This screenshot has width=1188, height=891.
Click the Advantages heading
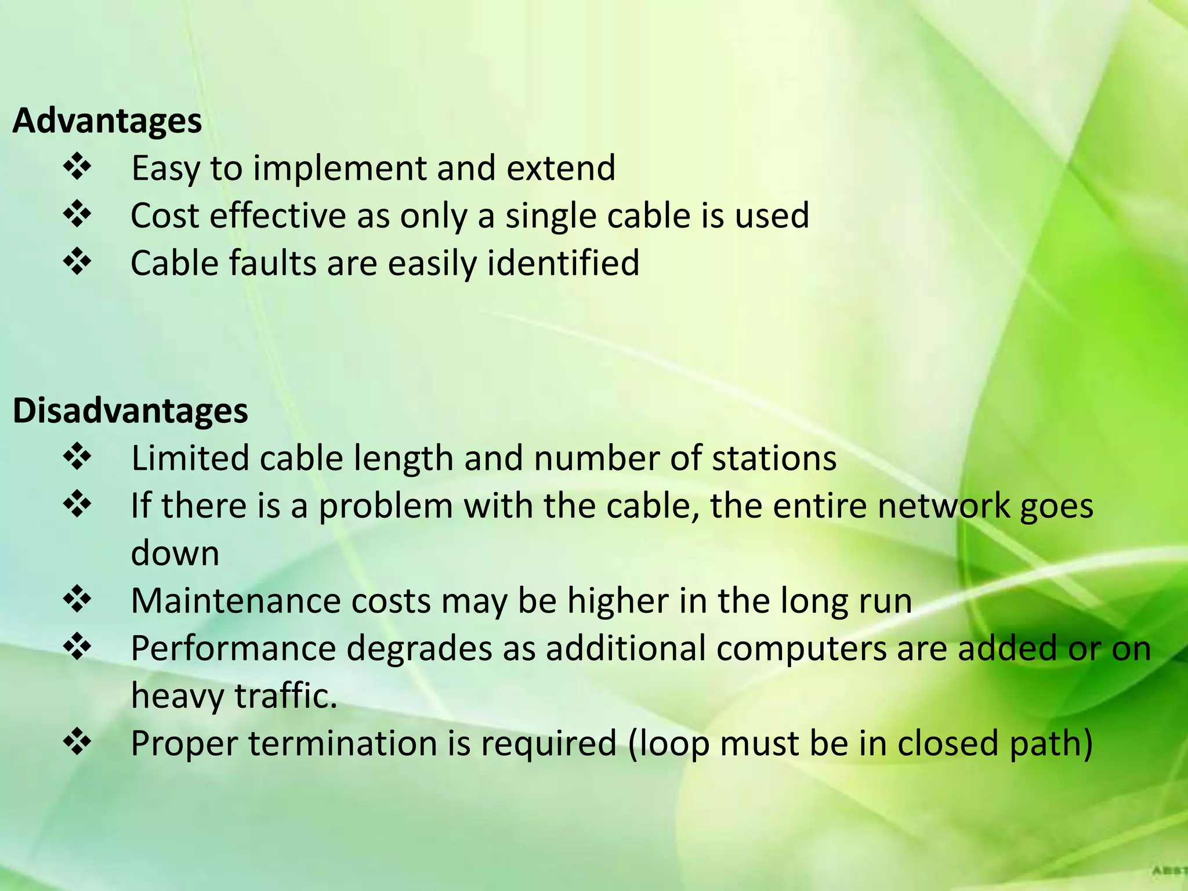[x=107, y=121]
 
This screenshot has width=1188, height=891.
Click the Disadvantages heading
[x=131, y=411]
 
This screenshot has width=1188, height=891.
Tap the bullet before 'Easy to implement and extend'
[x=77, y=168]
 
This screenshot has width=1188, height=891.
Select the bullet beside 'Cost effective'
[x=77, y=215]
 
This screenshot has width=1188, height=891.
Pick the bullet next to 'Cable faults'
[x=77, y=263]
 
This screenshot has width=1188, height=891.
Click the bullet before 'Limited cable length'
[x=77, y=458]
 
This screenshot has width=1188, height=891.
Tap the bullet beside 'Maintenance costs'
[x=77, y=600]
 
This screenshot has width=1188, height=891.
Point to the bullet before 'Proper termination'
[x=77, y=743]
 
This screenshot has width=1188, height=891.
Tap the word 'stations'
[x=774, y=458]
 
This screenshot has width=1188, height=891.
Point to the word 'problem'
[x=385, y=506]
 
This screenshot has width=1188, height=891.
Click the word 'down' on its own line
[x=175, y=553]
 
